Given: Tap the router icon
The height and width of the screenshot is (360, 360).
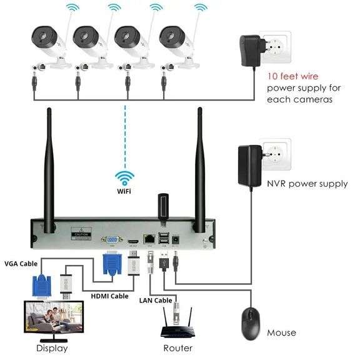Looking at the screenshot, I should (178, 324).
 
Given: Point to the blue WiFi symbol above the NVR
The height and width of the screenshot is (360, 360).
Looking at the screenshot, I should (125, 176).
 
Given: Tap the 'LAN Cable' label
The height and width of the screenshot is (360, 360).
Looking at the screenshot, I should (155, 301).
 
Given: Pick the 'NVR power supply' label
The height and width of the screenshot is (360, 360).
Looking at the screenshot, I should (307, 184).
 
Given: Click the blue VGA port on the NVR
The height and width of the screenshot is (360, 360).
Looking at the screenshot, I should (111, 239).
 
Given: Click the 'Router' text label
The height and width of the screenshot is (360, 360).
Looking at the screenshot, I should (177, 348).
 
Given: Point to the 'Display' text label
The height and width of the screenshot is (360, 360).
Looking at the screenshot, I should (52, 348).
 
